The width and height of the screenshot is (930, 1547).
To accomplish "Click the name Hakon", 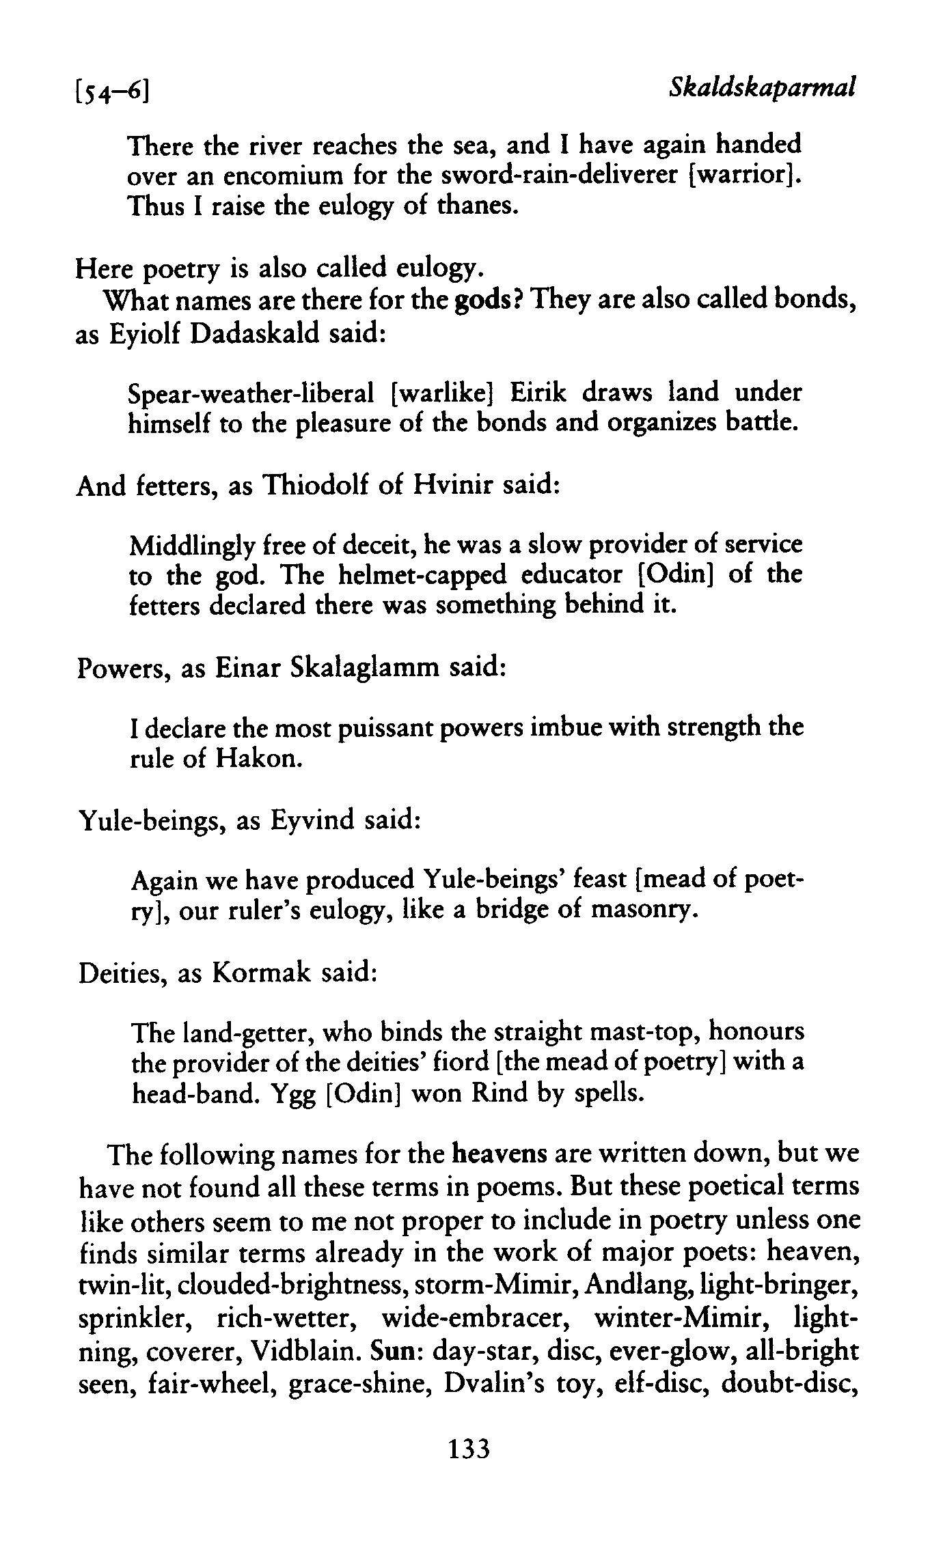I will click(x=258, y=758).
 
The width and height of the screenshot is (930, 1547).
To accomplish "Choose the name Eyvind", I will click(x=313, y=818).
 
